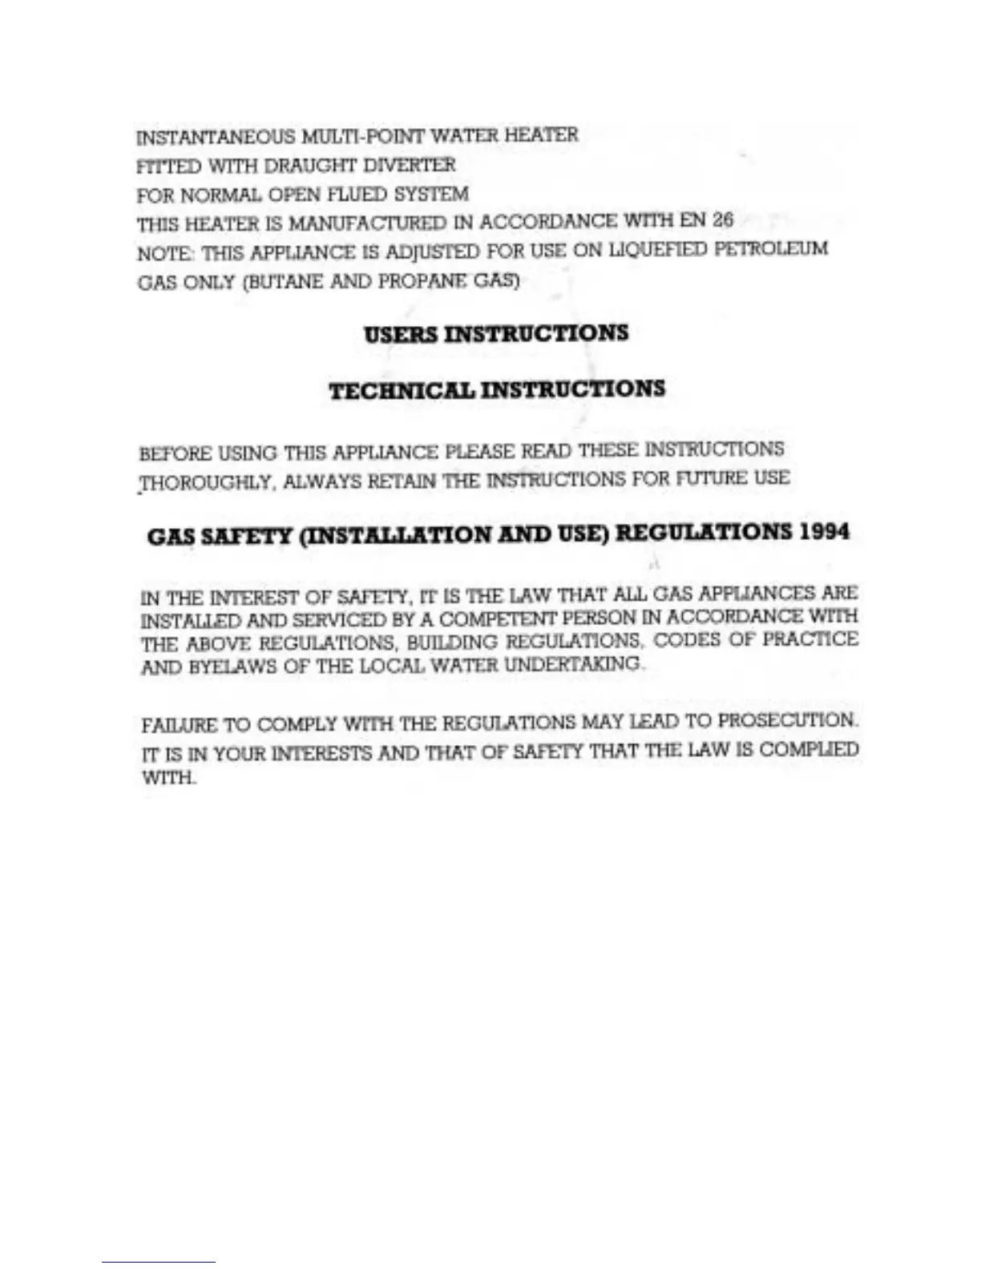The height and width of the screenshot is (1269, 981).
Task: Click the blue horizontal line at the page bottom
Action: coord(159,1262)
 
